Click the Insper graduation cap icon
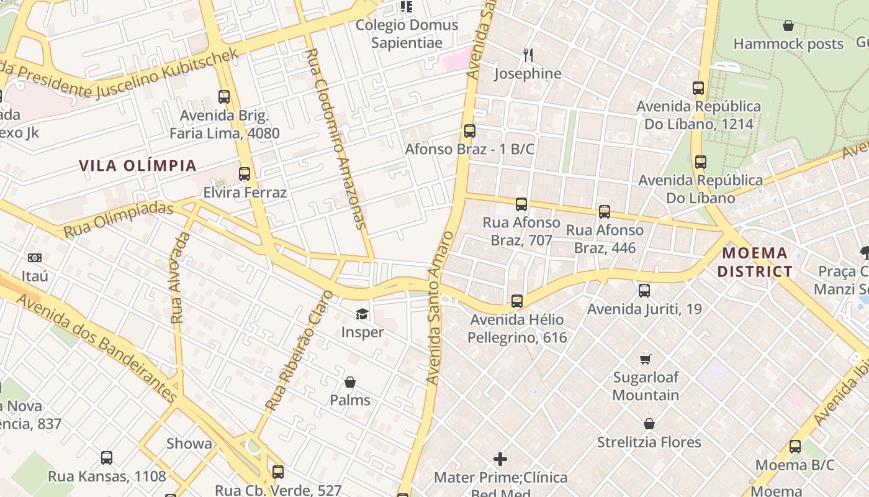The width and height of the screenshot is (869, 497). pos(362,314)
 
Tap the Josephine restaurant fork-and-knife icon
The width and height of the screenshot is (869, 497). pos(528,55)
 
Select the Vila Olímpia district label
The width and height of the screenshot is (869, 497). pos(138,166)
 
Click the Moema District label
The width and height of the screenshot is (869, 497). pos(755,262)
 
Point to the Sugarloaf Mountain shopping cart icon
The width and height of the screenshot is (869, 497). pos(646,359)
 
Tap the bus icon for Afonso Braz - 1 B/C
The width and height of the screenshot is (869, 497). pos(470,131)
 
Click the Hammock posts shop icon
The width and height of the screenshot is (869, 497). pos(788,25)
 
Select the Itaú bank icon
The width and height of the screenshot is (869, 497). pos(35,257)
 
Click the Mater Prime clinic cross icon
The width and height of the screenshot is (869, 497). pos(500,459)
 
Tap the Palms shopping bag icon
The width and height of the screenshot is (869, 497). pos(350,381)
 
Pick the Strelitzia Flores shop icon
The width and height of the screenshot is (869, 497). pos(649,424)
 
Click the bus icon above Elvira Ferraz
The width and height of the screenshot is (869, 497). pos(245,174)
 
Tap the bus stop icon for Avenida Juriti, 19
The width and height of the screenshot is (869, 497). pos(644,290)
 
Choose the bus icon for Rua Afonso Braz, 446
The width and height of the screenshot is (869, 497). pos(605,212)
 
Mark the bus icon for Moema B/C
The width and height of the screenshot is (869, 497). pos(795,446)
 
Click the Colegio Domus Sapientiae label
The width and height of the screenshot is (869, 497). pos(407,34)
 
